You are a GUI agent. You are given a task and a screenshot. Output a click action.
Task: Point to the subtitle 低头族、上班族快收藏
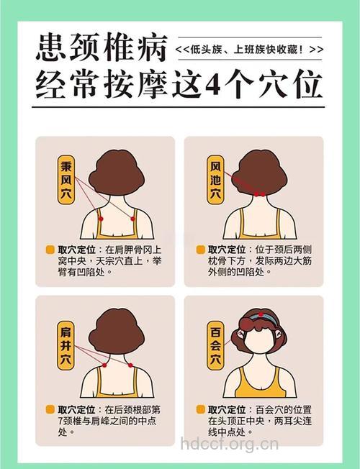(x=248, y=49)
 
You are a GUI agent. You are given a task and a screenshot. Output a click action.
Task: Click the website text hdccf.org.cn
(x=228, y=444)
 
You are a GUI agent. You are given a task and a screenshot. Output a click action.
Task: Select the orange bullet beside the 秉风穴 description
(x=50, y=249)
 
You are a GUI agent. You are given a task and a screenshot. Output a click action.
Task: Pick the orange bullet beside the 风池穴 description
(x=201, y=249)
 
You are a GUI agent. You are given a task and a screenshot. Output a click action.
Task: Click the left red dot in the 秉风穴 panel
(x=102, y=218)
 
